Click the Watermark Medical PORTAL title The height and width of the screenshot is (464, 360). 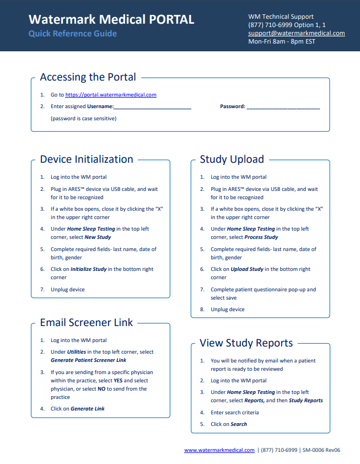(111, 19)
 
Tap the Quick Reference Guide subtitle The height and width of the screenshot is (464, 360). (72, 34)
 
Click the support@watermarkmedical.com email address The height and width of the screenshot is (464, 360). (296, 33)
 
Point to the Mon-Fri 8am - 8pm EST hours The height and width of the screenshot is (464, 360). (282, 41)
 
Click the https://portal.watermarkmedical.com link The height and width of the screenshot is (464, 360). (111, 95)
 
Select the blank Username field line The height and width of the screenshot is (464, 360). (153, 107)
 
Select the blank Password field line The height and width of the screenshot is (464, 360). (283, 107)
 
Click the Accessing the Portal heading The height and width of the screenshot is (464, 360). (88, 77)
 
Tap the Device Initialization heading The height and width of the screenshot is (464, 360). (87, 159)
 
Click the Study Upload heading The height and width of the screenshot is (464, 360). (232, 159)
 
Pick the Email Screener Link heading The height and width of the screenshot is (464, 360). (87, 323)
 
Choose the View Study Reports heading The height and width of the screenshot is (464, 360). (246, 343)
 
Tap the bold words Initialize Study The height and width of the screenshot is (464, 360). (89, 269)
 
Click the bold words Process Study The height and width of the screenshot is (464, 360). (261, 237)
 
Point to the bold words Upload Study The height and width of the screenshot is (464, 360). (247, 269)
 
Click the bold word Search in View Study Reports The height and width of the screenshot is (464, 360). (239, 424)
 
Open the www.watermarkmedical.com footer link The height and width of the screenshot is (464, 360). (219, 450)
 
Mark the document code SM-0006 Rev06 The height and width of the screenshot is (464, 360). (321, 450)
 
